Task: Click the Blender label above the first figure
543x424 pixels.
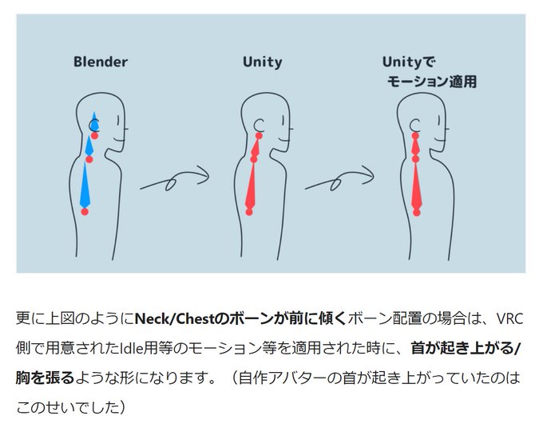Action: [101, 62]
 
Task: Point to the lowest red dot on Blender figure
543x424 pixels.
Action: [85, 212]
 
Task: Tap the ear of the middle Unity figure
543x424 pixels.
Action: [257, 126]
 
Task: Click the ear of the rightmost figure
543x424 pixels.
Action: [415, 125]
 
